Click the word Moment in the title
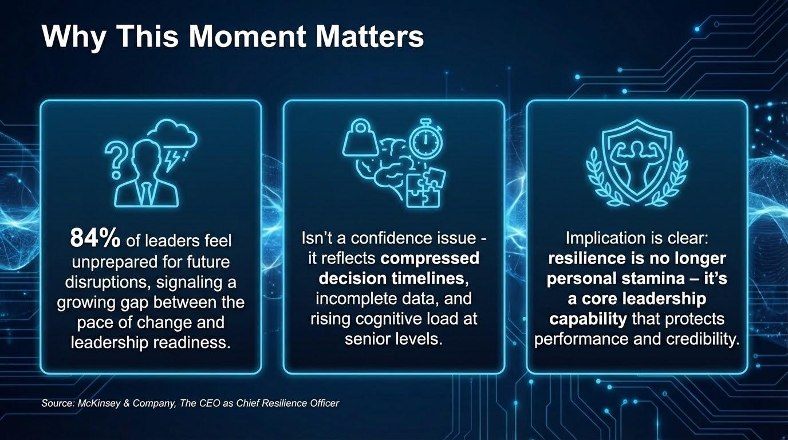[x=248, y=36]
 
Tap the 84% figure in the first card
[x=95, y=238]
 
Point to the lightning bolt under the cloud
[x=172, y=161]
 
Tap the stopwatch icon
[x=425, y=139]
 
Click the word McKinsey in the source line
[x=98, y=403]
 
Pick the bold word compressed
[x=430, y=259]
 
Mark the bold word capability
[x=588, y=319]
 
